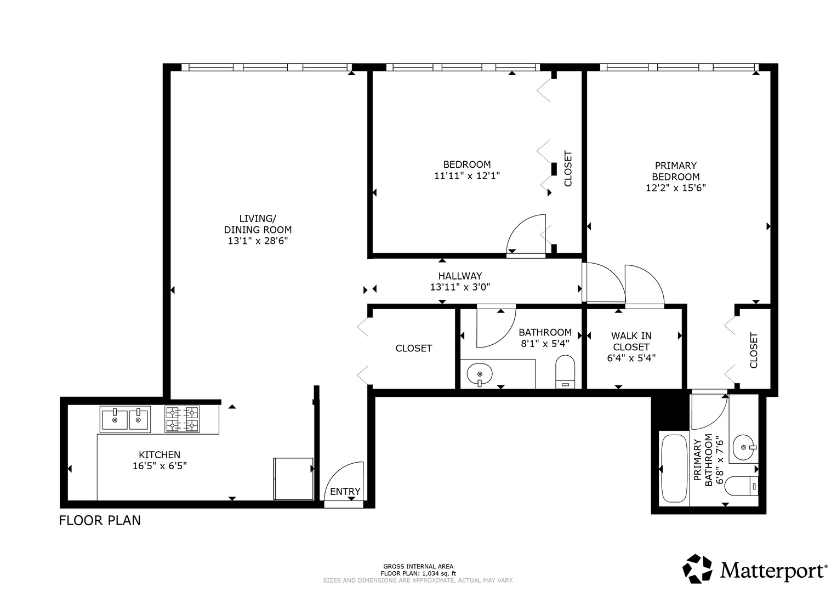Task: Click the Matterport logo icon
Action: coord(698,569)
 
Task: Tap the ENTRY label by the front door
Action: coord(345,492)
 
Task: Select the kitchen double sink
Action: coord(125,420)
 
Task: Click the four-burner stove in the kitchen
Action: coord(183,419)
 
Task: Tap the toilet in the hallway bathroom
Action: coord(565,372)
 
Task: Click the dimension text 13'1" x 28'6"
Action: coord(258,241)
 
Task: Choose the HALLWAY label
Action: coord(460,276)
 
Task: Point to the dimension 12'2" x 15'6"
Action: coord(675,187)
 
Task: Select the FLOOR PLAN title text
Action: coord(100,520)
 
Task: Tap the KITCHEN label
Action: coord(160,455)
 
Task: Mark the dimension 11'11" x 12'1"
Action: coord(467,176)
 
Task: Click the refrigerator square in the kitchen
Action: coord(293,479)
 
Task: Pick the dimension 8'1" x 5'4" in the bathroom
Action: coord(545,344)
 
